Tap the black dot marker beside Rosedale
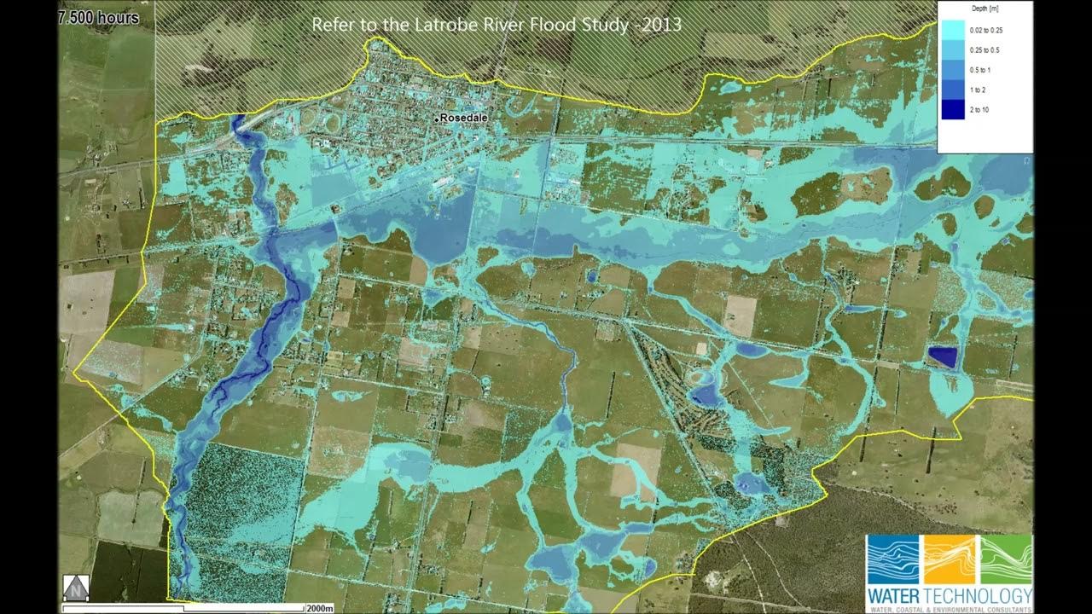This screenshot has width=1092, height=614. [x=436, y=119]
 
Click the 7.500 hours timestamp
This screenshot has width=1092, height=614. [x=98, y=17]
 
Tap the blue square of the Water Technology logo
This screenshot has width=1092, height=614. [x=894, y=559]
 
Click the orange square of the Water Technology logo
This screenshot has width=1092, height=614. [x=949, y=559]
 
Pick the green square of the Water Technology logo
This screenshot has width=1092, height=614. [x=1004, y=559]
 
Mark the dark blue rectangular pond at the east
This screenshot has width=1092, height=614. [x=942, y=356]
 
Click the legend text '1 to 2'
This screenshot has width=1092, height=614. [x=979, y=90]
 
